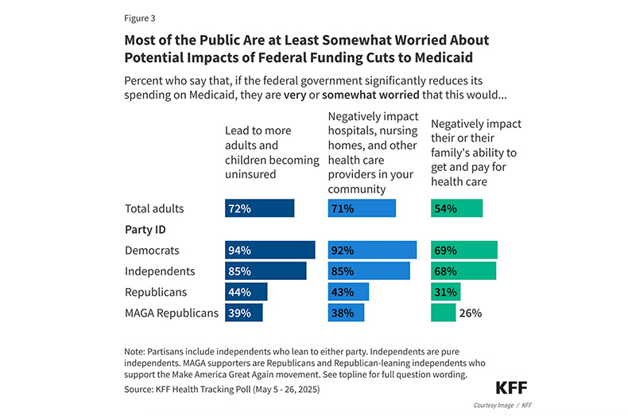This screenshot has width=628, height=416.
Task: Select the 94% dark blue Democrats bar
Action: click(x=269, y=250)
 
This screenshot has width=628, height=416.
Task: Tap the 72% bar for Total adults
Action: click(x=259, y=208)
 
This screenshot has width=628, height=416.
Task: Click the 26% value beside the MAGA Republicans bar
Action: click(x=471, y=313)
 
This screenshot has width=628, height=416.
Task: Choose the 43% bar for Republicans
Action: click(x=348, y=292)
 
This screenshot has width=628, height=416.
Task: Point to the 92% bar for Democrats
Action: click(x=372, y=250)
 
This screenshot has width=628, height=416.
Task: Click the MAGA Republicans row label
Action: click(x=171, y=313)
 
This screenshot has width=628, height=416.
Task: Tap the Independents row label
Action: click(x=160, y=271)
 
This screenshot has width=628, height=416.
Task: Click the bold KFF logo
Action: click(x=511, y=387)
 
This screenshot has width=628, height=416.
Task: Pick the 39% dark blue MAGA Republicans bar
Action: click(x=243, y=313)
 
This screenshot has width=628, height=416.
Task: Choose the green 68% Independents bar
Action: click(x=463, y=271)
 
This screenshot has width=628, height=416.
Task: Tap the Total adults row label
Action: click(x=154, y=208)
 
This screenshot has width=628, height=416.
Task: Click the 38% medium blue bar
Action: click(x=346, y=313)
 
